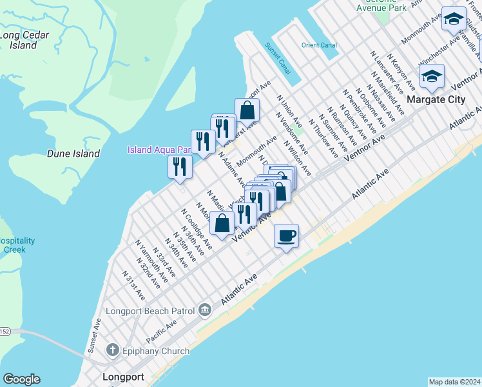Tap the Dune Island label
click(73, 154)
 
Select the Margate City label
click(435, 99)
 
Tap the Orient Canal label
click(319, 45)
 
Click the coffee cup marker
click(286, 235)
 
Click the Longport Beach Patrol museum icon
click(205, 310)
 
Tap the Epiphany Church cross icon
click(111, 351)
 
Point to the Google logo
click(21, 379)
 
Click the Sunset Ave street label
click(94, 334)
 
